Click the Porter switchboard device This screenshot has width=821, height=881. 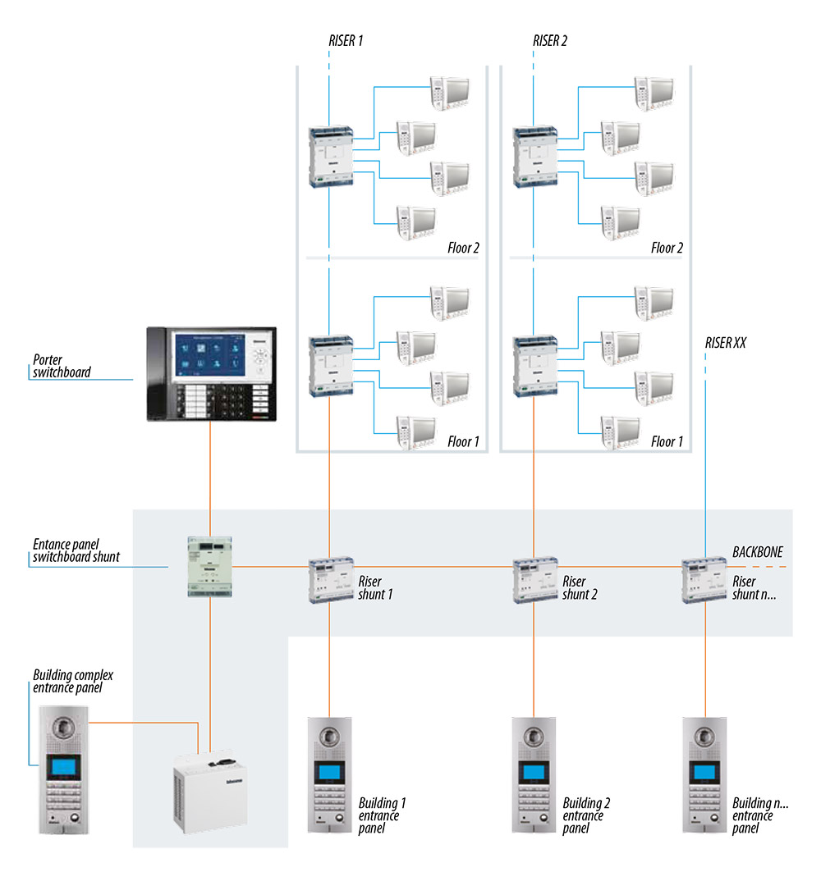pyautogui.click(x=211, y=374)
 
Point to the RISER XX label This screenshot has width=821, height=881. pyautogui.click(x=726, y=342)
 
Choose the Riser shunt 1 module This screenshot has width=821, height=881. pyautogui.click(x=331, y=580)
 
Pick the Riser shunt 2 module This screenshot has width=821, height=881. pyautogui.click(x=535, y=580)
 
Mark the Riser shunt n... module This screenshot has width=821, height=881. pyautogui.click(x=706, y=580)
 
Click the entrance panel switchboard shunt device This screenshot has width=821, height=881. pyautogui.click(x=211, y=565)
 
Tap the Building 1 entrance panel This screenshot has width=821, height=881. pyautogui.click(x=330, y=775)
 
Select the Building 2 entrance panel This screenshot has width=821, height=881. pyautogui.click(x=534, y=775)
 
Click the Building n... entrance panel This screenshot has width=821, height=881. pyautogui.click(x=705, y=775)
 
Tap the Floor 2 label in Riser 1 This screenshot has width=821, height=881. pyautogui.click(x=464, y=247)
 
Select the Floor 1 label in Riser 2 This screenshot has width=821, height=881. pyautogui.click(x=667, y=441)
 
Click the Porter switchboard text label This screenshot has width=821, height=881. pyautogui.click(x=62, y=366)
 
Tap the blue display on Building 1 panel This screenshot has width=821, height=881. pyautogui.click(x=330, y=773)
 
